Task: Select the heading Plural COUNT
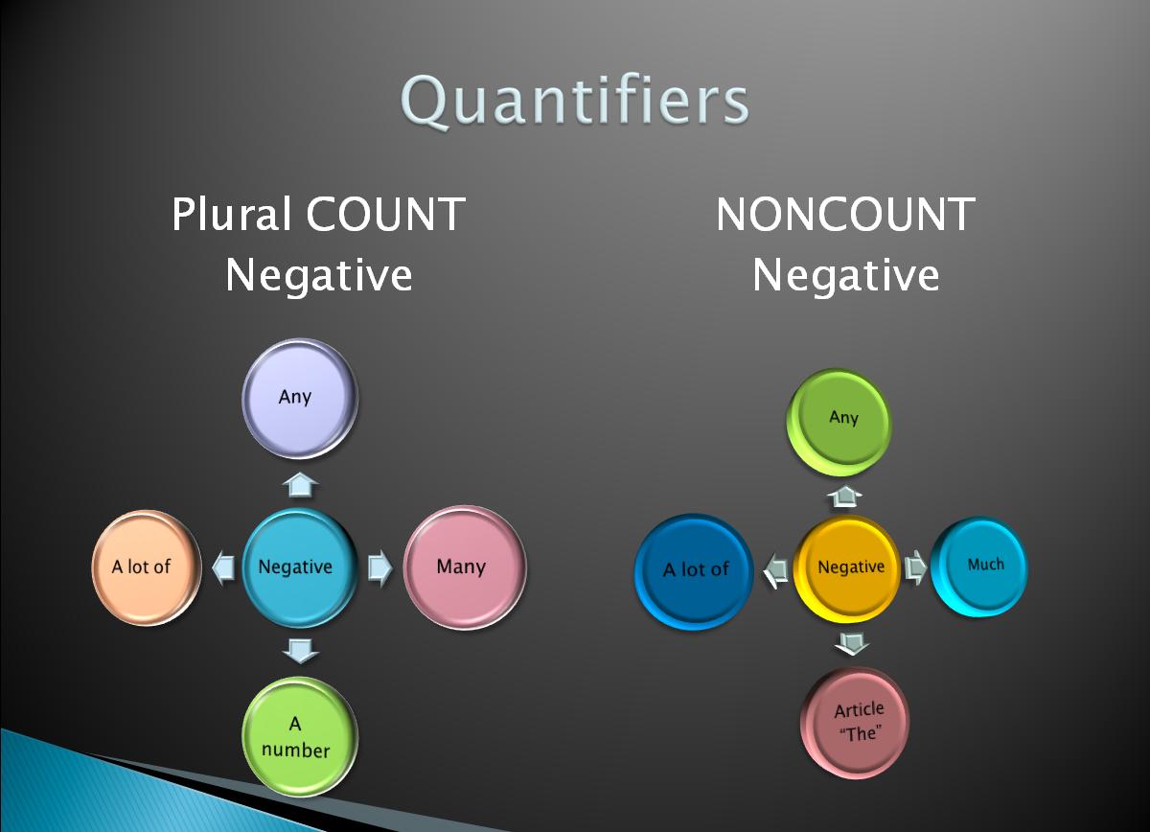pyautogui.click(x=318, y=214)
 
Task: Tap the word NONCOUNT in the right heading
pyautogui.click(x=844, y=214)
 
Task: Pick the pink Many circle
pyautogui.click(x=464, y=566)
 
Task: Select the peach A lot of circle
pyautogui.click(x=145, y=566)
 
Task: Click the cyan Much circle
pyautogui.click(x=979, y=566)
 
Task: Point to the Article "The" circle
pyautogui.click(x=856, y=721)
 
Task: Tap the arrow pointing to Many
pyautogui.click(x=380, y=567)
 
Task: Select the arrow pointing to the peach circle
pyautogui.click(x=221, y=567)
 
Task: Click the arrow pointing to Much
pyautogui.click(x=916, y=566)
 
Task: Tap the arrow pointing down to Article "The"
pyautogui.click(x=851, y=642)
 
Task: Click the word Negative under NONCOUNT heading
pyautogui.click(x=844, y=276)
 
